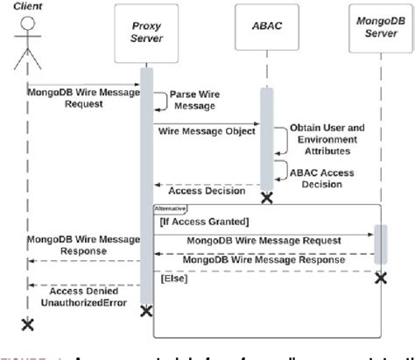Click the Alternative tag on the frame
pos(171,208)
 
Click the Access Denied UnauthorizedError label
pos(82,295)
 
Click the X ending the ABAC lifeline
pos(266,197)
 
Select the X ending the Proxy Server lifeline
pos(146,310)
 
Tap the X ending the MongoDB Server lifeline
pos(380,278)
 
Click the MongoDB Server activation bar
pos(380,242)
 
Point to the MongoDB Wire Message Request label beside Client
pos(76,96)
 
